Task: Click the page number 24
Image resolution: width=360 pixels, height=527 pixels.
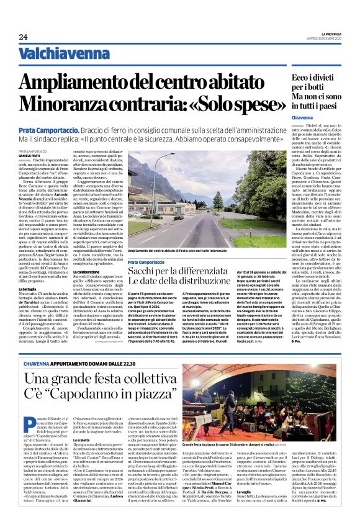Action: click(x=23, y=38)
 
